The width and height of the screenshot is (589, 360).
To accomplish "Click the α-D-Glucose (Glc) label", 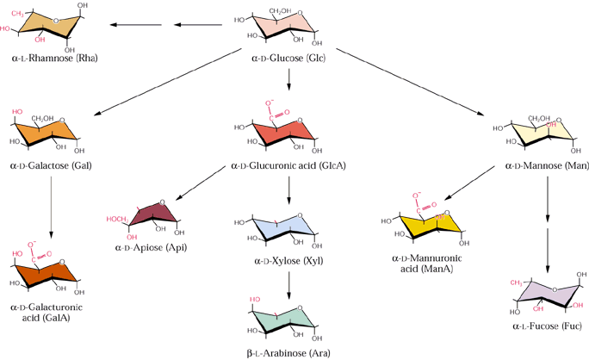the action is click(x=288, y=59).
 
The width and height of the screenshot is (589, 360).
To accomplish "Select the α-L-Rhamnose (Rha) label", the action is click(x=54, y=59).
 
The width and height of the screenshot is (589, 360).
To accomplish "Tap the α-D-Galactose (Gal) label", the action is click(x=51, y=165).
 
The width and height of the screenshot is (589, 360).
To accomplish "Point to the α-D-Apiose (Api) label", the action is click(x=151, y=247).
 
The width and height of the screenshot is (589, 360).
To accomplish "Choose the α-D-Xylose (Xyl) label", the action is click(x=288, y=261).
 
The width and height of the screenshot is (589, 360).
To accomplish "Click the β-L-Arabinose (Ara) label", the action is click(x=288, y=353).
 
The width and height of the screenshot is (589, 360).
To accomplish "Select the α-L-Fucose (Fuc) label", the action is click(x=547, y=326).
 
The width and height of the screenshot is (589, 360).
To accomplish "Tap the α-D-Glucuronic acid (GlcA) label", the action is click(x=288, y=165).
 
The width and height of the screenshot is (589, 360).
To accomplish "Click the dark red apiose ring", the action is click(x=152, y=216).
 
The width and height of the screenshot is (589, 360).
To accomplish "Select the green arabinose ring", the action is click(x=283, y=320).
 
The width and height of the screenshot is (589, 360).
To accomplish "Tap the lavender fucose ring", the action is click(x=549, y=293).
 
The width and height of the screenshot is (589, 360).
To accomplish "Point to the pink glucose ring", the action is click(x=283, y=26).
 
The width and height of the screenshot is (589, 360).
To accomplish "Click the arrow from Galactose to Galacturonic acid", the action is click(x=51, y=208).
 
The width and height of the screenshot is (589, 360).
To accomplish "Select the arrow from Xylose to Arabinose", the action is click(x=288, y=285).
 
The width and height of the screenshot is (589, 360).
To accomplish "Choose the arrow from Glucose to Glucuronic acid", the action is click(x=288, y=79).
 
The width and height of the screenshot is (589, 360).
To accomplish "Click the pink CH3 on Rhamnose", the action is click(x=17, y=14).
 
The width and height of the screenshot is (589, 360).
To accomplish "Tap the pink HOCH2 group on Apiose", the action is click(x=118, y=220).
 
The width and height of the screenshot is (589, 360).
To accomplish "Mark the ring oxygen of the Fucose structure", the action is click(x=555, y=289).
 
